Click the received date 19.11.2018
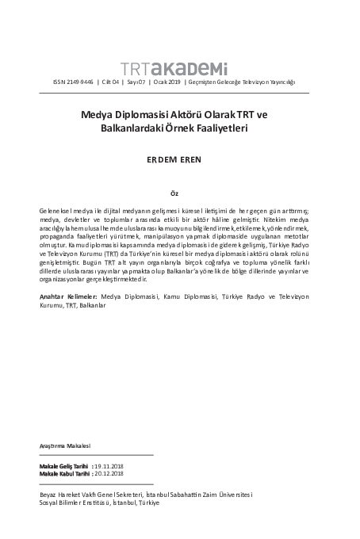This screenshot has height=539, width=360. (x=108, y=467)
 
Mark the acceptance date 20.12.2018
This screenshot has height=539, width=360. (x=108, y=474)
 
